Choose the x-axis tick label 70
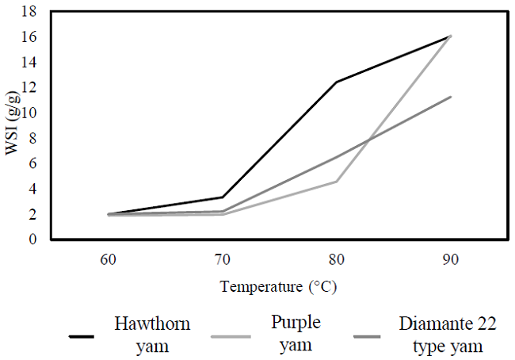click(x=223, y=259)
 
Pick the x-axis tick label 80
click(x=337, y=259)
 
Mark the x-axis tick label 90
click(x=451, y=259)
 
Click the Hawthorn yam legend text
click(x=152, y=335)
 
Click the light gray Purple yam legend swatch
click(x=231, y=336)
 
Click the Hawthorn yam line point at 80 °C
click(x=337, y=82)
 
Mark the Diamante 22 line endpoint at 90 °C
click(x=451, y=97)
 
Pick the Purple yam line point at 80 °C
click(x=337, y=182)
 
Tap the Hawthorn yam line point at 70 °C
click(x=223, y=197)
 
